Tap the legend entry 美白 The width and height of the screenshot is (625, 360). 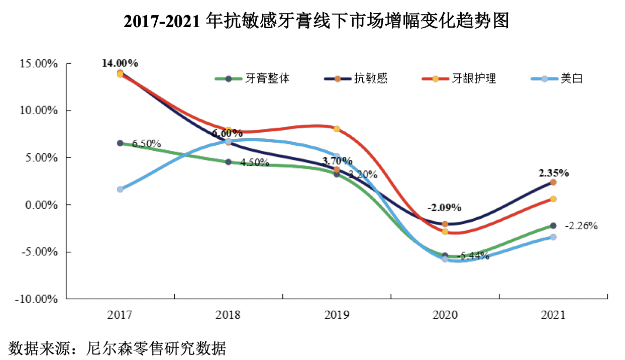point(572,78)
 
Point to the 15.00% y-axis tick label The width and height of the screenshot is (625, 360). point(39,64)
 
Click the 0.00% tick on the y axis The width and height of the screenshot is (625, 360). point(41,205)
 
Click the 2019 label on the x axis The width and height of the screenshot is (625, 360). point(336,315)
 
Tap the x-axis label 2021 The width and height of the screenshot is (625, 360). point(553,315)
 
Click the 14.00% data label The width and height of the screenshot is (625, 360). point(120,63)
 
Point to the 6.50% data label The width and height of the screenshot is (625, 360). point(146,144)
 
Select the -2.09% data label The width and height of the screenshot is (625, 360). point(444,207)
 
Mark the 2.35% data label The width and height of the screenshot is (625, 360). point(554,173)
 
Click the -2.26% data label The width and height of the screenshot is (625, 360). point(581,226)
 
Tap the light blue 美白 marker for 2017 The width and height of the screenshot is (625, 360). point(120,189)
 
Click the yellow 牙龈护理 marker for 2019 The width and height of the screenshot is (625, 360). point(337,129)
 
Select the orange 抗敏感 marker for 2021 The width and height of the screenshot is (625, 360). point(553,183)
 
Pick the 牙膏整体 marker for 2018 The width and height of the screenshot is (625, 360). point(228,162)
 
